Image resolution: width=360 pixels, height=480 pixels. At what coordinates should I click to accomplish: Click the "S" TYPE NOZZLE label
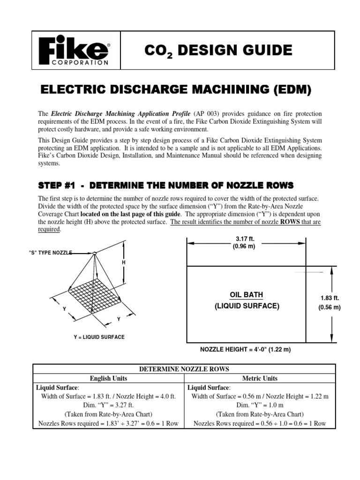pos(51,253)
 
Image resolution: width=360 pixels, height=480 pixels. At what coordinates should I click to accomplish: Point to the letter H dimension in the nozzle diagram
pos(124,262)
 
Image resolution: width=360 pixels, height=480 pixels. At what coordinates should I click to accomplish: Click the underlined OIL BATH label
pos(246,295)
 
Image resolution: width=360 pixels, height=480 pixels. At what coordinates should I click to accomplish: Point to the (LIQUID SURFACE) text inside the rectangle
pos(246,306)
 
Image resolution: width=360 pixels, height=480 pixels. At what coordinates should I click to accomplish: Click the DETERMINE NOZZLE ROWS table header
pos(181,369)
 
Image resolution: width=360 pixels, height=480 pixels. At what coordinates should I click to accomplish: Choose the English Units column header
pos(108,378)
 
